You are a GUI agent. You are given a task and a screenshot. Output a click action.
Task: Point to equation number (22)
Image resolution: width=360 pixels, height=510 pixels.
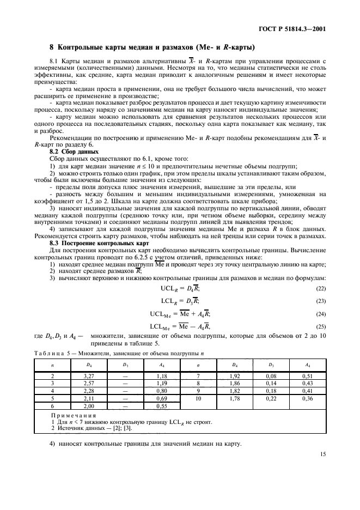(x=322, y=288)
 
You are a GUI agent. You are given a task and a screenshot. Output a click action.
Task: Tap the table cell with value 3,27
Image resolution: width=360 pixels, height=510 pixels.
(x=89, y=376)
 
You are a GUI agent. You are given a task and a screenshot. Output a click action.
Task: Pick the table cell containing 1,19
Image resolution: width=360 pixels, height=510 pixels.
(x=162, y=384)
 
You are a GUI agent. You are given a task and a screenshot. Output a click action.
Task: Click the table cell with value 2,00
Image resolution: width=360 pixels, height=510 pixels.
(x=89, y=406)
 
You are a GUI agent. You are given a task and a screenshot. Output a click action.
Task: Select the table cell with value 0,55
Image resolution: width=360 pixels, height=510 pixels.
(x=162, y=406)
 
